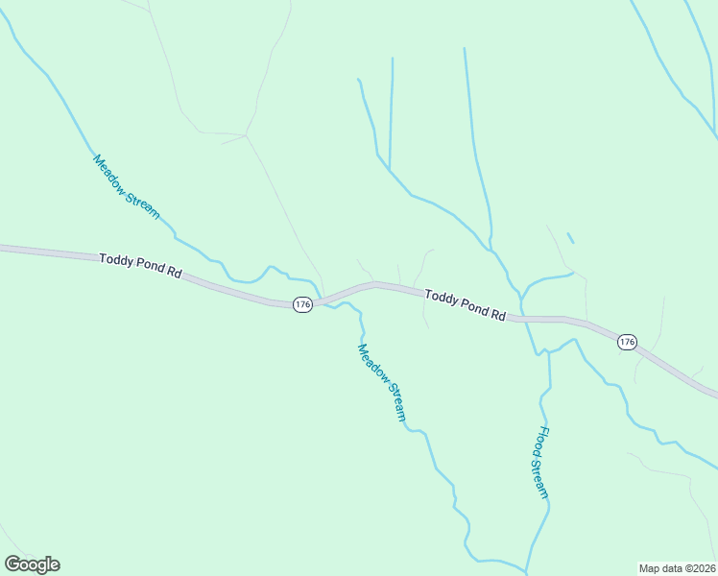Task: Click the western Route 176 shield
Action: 302,304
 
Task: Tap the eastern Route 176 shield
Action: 627,342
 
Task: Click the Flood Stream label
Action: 542,463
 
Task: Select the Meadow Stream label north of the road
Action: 126,186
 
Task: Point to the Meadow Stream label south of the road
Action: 382,383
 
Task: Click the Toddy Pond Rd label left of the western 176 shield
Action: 140,266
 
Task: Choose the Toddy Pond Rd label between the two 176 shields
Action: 465,306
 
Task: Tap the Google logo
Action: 32,564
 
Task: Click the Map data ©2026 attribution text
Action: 677,567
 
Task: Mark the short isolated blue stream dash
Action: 570,237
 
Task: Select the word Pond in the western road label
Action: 147,267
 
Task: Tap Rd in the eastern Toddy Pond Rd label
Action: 497,314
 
